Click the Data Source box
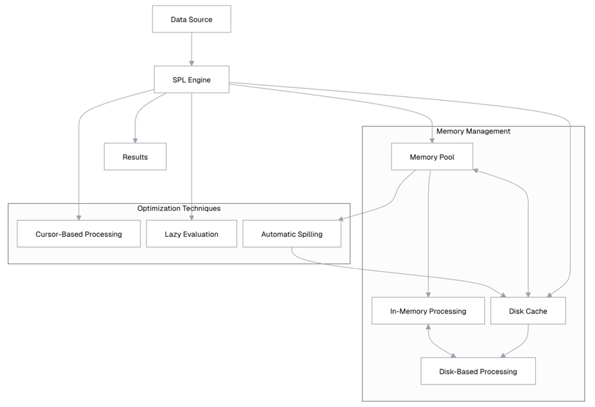coord(192,20)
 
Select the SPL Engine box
coord(192,80)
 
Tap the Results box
coord(135,157)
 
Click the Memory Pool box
coord(432,157)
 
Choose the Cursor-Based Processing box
coord(79,234)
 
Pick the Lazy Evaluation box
coord(192,234)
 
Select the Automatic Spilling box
coord(292,234)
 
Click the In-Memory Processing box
coord(428,311)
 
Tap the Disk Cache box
coord(528,311)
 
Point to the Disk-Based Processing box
coord(478,371)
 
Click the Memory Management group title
coord(473,131)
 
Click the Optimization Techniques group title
coord(179,208)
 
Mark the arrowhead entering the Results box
coord(135,140)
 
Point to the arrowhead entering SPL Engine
coord(192,62)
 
